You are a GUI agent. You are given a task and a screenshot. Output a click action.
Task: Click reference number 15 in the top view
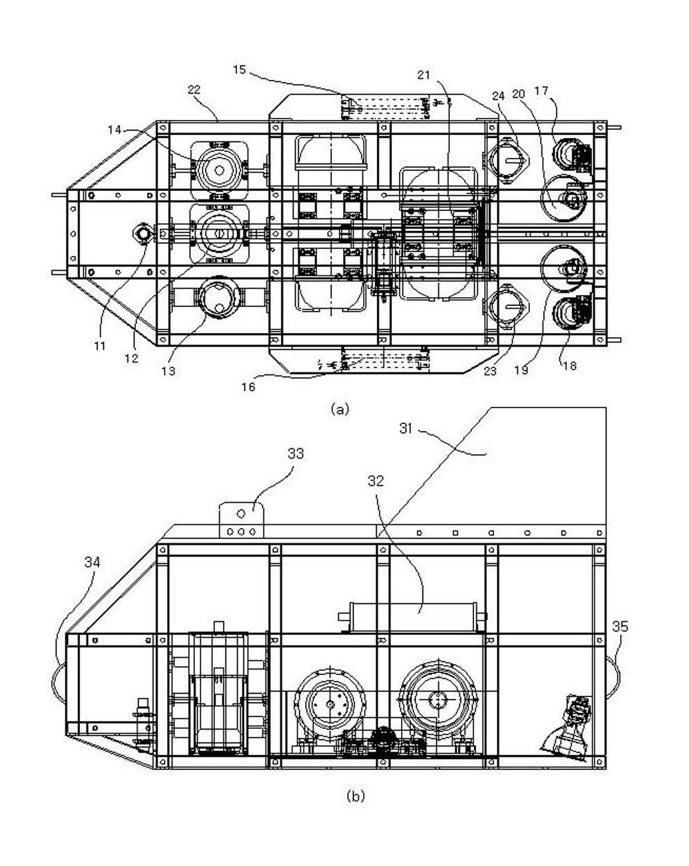[239, 70]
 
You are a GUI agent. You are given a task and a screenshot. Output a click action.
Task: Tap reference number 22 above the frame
[194, 90]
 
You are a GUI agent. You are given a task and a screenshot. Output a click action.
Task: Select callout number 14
[114, 130]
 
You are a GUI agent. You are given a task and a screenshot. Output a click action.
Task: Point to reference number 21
[424, 75]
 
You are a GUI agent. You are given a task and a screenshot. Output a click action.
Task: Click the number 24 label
[498, 95]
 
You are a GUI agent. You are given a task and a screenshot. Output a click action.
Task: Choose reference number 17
[542, 91]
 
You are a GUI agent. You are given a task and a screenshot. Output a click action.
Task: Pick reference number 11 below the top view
[100, 345]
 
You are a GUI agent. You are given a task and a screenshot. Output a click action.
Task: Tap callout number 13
[169, 371]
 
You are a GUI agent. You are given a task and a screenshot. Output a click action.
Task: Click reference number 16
[248, 387]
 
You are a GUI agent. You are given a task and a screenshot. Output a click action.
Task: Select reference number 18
[570, 365]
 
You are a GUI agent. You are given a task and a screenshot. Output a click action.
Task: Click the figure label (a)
[340, 410]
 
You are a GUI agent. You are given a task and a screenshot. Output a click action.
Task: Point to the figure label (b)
[356, 785]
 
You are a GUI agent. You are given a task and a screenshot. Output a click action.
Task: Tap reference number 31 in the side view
[406, 429]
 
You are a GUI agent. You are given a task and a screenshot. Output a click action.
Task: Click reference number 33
[296, 454]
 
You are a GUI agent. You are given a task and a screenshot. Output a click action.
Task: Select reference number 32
[376, 481]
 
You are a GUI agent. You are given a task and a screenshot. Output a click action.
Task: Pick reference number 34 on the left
[92, 562]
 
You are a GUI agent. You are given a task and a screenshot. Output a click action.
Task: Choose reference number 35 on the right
[620, 626]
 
